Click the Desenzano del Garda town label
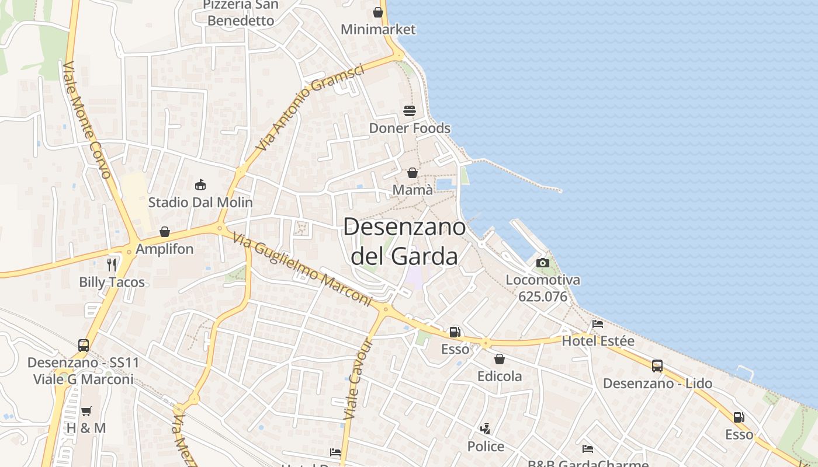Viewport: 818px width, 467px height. coord(404,241)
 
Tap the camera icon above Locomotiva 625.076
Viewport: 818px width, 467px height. coord(543,263)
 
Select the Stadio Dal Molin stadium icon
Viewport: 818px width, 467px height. coord(200,185)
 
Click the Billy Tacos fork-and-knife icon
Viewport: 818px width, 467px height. coord(112,265)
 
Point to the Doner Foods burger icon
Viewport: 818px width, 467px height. coord(410,111)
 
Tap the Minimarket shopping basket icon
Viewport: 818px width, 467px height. coord(378,12)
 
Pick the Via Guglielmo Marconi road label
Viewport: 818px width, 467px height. coord(301,269)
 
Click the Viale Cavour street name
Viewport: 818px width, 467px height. coord(358,379)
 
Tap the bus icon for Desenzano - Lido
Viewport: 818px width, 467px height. coord(657,366)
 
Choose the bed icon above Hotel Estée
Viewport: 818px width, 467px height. coord(598,324)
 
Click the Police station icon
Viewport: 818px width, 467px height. coord(485,430)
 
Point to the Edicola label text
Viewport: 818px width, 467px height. coord(500,377)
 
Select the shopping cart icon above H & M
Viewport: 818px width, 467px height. coord(86,411)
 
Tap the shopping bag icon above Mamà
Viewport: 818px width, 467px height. coord(413,173)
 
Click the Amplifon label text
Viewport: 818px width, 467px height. coord(164,249)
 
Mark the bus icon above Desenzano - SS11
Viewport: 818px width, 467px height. coord(84,345)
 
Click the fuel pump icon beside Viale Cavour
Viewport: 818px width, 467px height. coord(455,332)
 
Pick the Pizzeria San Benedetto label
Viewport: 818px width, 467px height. coord(241,13)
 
